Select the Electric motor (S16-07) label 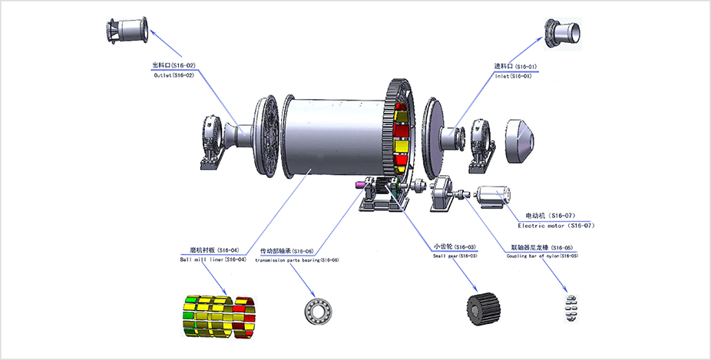(557, 226)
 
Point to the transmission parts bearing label (299, 260)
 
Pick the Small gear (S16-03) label (457, 255)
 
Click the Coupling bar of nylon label (542, 256)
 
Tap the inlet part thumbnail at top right (565, 33)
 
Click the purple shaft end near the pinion (361, 187)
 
